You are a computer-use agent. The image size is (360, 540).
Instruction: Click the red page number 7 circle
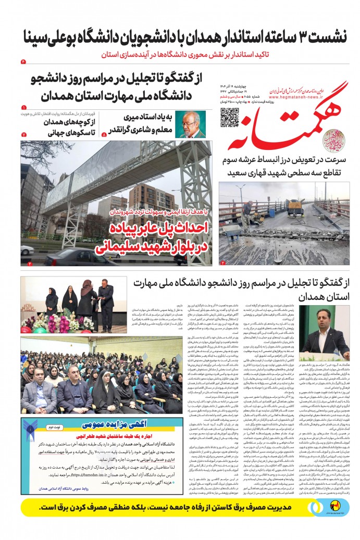click(23, 134)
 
